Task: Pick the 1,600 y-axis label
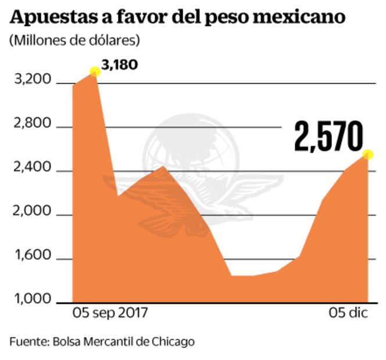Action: pyautogui.click(x=34, y=259)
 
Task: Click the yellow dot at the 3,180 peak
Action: pyautogui.click(x=95, y=72)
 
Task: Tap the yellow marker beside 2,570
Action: pyautogui.click(x=367, y=154)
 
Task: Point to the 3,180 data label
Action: pyautogui.click(x=119, y=64)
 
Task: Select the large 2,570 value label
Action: pyautogui.click(x=328, y=137)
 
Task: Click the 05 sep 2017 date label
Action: pyautogui.click(x=110, y=314)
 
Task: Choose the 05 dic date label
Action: pyautogui.click(x=348, y=314)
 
